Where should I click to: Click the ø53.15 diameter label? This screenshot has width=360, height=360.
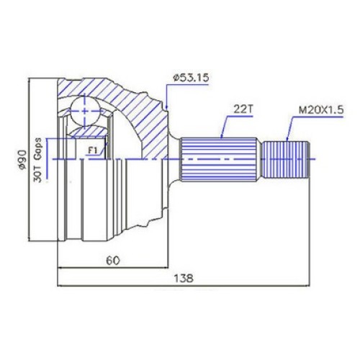click(191, 78)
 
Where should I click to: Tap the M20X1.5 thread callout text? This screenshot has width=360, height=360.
click(321, 110)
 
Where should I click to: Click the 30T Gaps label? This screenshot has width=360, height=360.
click(37, 160)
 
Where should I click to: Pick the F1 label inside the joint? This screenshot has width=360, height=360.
click(93, 150)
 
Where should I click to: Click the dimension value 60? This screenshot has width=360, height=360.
click(113, 261)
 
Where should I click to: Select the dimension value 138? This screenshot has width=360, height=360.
click(184, 279)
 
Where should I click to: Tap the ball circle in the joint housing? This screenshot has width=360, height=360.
click(85, 111)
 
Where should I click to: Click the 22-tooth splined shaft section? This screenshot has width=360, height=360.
click(218, 159)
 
